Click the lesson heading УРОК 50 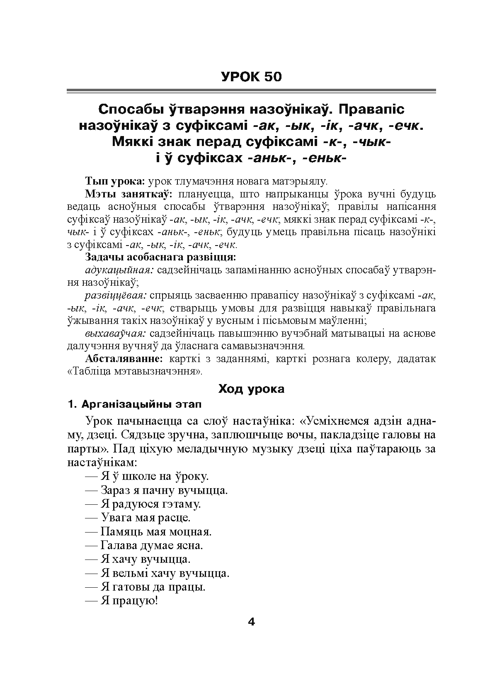(251, 77)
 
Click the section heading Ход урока (251, 389)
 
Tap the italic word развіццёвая (116, 296)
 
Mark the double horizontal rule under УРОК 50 (251, 90)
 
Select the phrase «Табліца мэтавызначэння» (135, 371)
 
